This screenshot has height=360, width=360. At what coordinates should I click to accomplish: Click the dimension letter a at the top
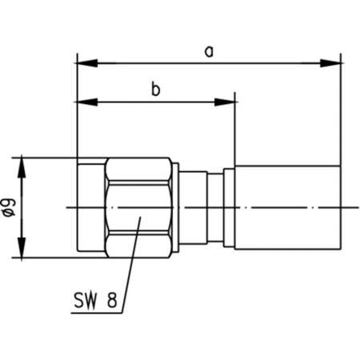point(210,51)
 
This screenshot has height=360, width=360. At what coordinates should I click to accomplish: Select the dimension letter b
point(156,90)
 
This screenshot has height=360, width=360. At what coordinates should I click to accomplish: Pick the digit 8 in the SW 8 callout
point(113,301)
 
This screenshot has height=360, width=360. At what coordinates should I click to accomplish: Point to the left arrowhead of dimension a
point(82,62)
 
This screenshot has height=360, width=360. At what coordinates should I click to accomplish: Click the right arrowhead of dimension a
point(335,62)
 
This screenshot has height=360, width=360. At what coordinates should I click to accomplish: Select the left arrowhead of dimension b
point(82,101)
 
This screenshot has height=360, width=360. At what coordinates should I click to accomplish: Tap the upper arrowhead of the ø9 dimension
point(23,163)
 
